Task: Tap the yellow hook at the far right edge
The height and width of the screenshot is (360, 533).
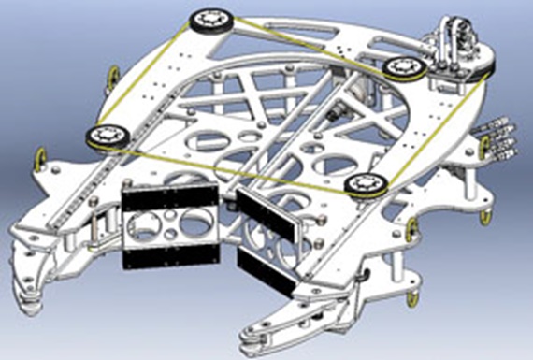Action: [485, 217]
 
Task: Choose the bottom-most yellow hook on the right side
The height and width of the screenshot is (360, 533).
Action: [408, 297]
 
